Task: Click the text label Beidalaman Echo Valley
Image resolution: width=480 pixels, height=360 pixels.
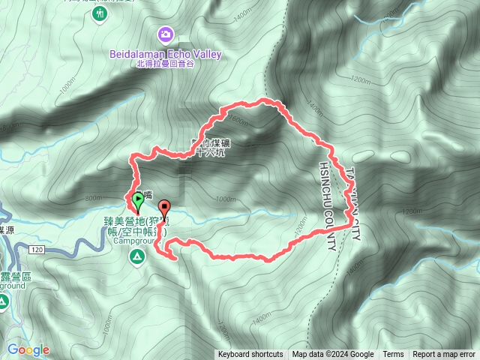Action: click(166, 53)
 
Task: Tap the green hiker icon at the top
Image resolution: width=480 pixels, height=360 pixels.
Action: click(100, 13)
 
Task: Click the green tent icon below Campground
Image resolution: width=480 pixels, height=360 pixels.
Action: click(136, 258)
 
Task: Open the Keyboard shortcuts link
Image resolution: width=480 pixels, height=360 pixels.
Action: click(250, 355)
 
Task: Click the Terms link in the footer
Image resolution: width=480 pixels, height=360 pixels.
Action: click(393, 355)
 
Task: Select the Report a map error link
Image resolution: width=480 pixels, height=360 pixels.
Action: click(444, 355)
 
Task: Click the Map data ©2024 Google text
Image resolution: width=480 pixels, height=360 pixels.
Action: click(333, 355)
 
